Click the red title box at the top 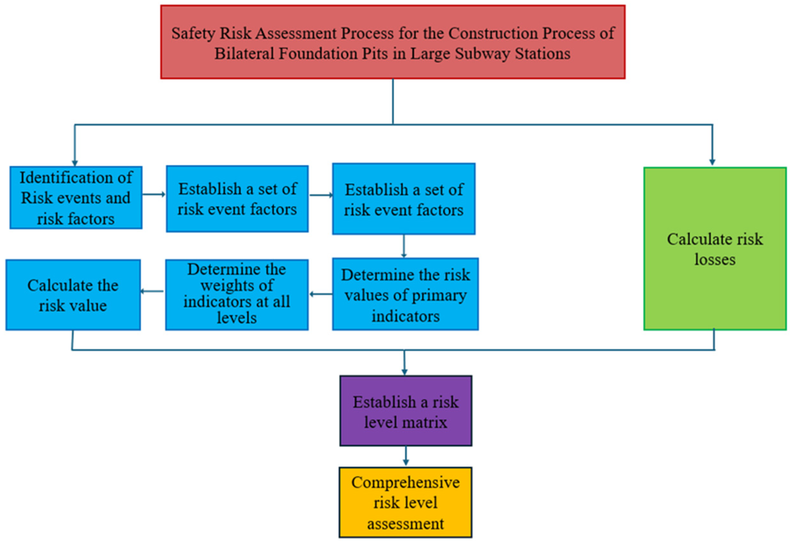pos(392,42)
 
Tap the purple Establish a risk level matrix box pos(405,410)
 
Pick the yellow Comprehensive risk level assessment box pos(405,503)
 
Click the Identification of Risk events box pos(76,198)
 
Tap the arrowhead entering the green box pos(712,162)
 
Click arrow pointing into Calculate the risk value pos(151,291)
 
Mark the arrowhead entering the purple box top pos(404,372)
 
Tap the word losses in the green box pos(715,260)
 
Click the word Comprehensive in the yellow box pos(405,483)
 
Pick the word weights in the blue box pos(237,285)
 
